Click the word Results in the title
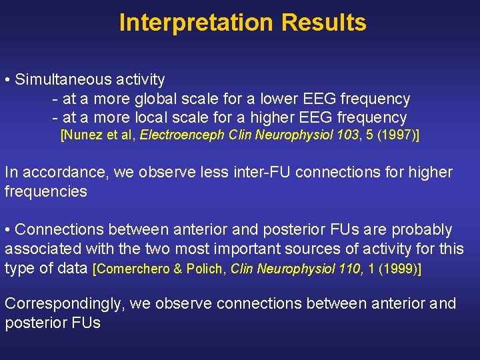[323, 23]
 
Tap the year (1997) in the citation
[392, 135]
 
